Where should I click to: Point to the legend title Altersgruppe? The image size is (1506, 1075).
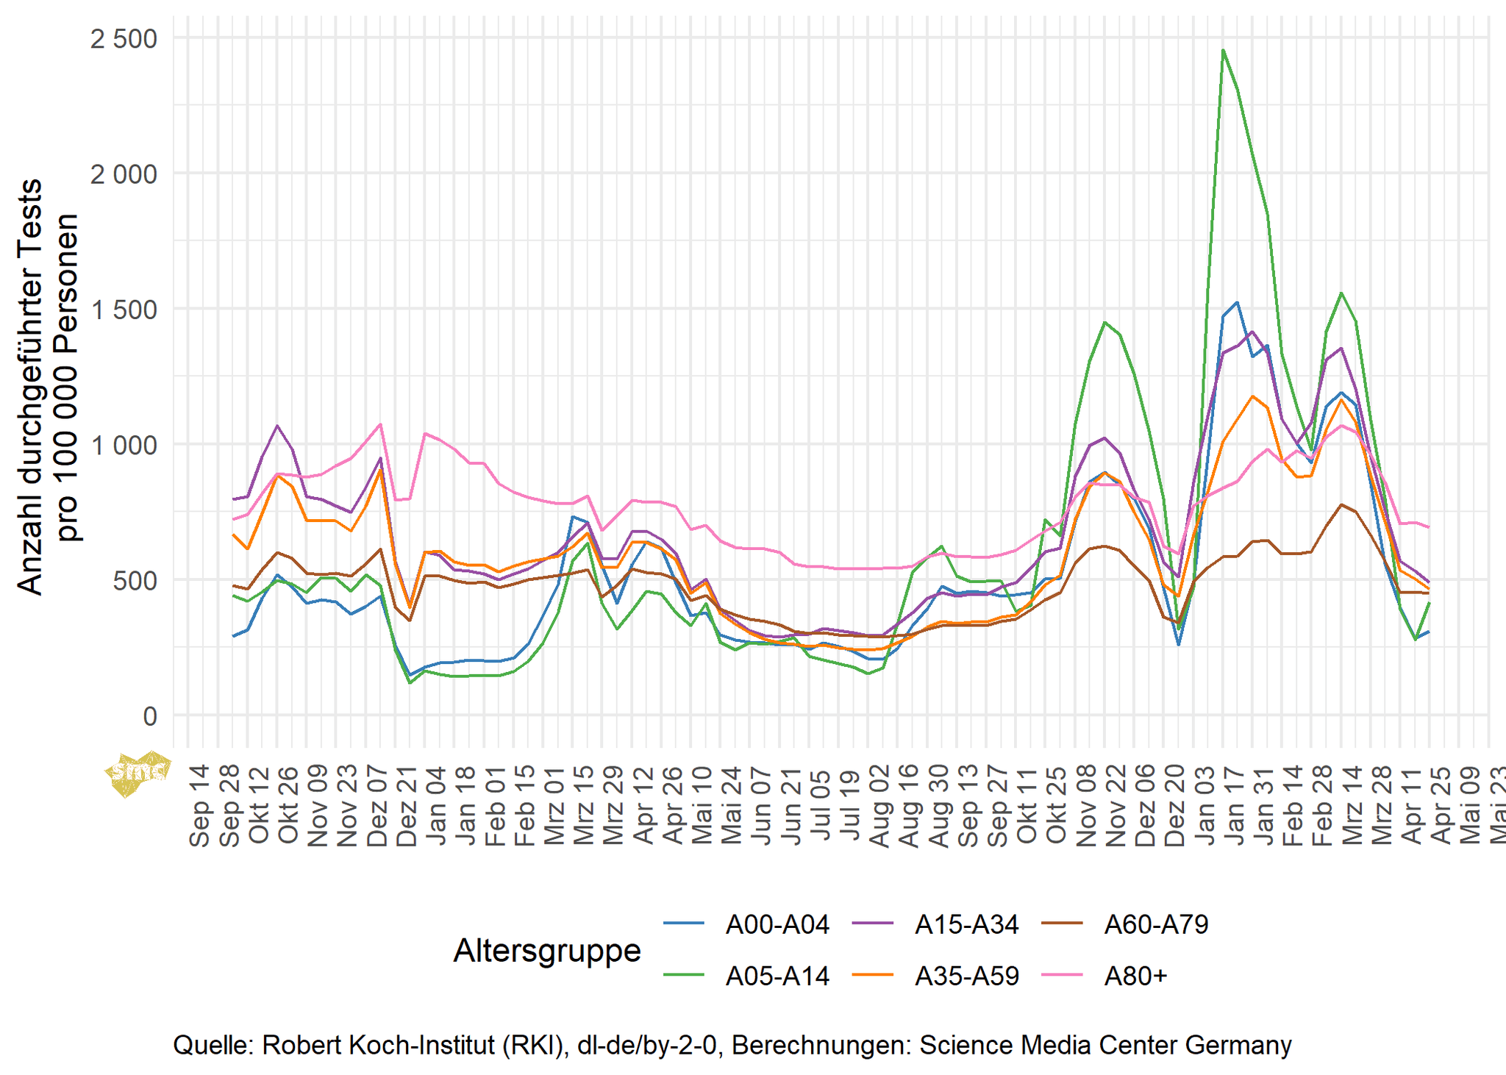point(547,950)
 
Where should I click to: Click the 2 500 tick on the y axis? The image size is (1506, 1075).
point(124,38)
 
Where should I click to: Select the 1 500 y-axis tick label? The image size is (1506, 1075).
point(124,310)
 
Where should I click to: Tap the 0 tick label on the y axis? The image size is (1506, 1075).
point(150,715)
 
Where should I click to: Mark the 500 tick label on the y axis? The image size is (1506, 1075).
point(137,580)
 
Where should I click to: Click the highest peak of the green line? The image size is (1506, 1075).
point(1222,50)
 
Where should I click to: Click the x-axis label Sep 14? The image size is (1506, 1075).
point(199,806)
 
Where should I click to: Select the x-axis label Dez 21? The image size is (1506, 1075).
point(407,806)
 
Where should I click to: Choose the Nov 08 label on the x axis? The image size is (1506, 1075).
point(1086,806)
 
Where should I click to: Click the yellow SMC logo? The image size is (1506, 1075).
point(138,772)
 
